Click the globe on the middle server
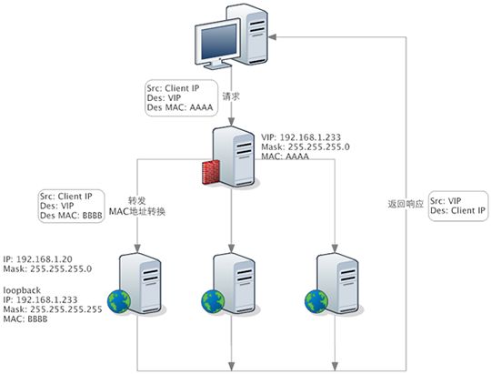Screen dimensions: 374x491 [212, 299]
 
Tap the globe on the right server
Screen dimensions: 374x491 [314, 299]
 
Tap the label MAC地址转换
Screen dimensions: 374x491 [137, 211]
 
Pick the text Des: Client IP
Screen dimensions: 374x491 [458, 211]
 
